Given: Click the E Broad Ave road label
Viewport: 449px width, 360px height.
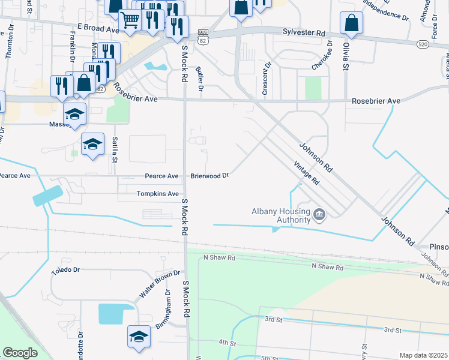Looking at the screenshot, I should coord(98,28).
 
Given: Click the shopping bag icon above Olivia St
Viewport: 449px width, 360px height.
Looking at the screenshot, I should coord(351,24).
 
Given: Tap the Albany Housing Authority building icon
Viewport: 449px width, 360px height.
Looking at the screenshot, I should coord(319,214).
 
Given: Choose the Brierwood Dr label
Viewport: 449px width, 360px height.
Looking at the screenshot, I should coord(210,176).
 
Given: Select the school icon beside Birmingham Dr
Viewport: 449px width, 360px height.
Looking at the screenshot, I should coord(139,337).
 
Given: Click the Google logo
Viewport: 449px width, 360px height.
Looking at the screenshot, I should coord(20,352).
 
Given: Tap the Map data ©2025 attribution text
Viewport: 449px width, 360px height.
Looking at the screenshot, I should coord(423,355).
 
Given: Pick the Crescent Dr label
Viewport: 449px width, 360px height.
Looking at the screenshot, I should coord(264,78).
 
